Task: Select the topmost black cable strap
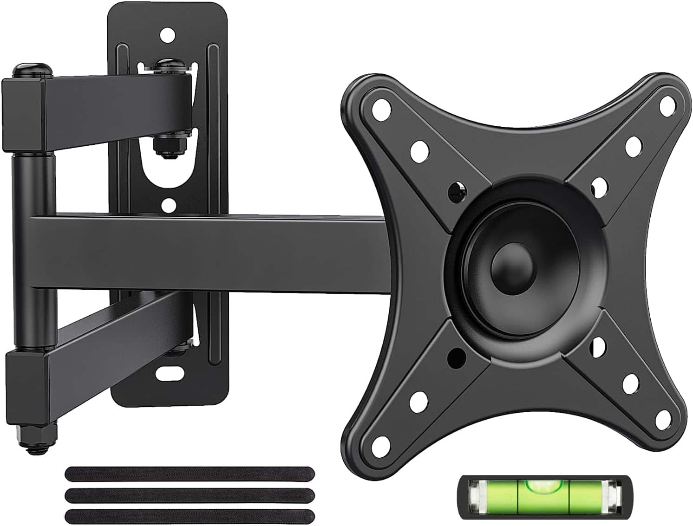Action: [190, 474]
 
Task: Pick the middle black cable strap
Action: [190, 495]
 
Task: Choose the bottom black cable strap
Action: [190, 516]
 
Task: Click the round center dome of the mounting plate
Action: [514, 266]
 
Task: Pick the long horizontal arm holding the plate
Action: [209, 253]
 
